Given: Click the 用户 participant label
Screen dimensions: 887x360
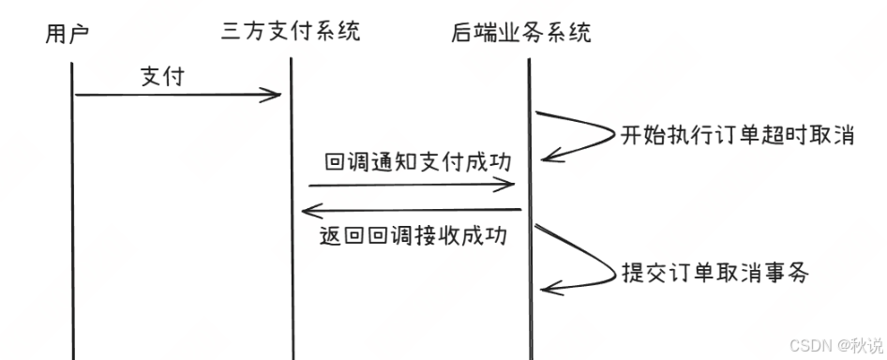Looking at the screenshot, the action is coord(67,36).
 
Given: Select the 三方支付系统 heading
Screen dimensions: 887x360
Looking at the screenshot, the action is coord(291,32).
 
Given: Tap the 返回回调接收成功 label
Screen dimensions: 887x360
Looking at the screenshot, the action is coord(413,235).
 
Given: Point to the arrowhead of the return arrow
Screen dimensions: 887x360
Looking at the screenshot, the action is coord(307,210).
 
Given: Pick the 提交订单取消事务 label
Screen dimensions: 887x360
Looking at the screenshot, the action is coord(714,273).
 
